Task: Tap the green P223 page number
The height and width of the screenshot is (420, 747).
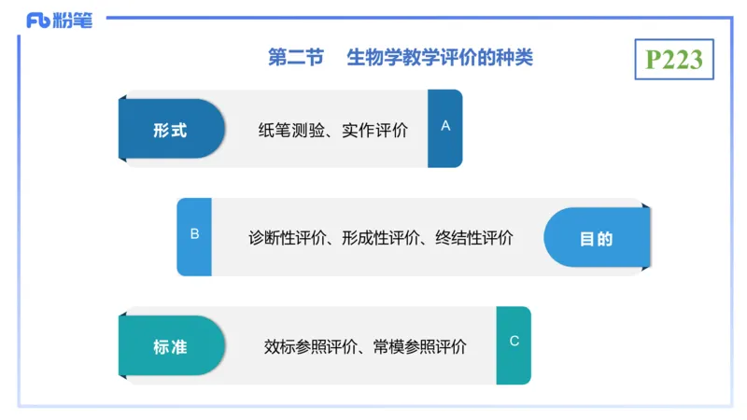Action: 674,59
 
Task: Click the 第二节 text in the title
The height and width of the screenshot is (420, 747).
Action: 295,58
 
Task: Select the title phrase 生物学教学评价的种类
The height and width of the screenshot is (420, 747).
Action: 440,58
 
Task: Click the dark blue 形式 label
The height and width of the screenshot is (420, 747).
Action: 170,131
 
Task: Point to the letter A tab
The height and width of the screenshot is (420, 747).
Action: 445,126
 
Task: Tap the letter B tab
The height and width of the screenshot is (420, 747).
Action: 194,234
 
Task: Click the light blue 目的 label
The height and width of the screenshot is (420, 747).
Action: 597,238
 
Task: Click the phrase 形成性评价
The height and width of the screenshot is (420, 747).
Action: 381,237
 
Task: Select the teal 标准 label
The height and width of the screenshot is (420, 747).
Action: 170,346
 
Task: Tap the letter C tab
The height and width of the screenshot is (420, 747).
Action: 514,342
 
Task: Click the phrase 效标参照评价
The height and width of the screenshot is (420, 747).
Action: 310,346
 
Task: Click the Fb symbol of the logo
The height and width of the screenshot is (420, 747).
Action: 37,21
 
